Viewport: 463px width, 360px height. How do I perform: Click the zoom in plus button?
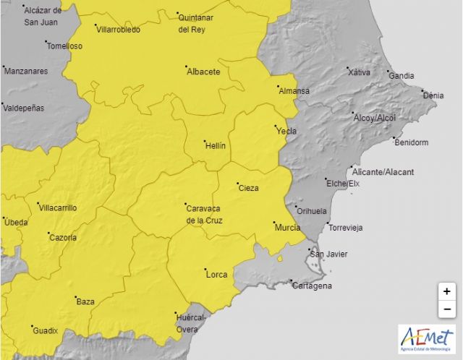pyautogui.click(x=447, y=291)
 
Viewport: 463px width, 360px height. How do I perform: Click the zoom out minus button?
pyautogui.click(x=447, y=309)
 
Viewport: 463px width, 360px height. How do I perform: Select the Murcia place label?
pyautogui.click(x=287, y=227)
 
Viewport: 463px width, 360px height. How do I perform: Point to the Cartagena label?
pyautogui.click(x=312, y=286)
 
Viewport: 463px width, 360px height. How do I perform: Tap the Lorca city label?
pyautogui.click(x=216, y=274)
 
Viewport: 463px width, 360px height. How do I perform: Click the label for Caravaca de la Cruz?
pyautogui.click(x=204, y=214)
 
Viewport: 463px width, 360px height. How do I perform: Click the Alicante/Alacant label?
pyautogui.click(x=383, y=171)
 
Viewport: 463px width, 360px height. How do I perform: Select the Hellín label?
pyautogui.click(x=216, y=145)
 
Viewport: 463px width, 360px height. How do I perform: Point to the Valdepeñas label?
pyautogui.click(x=24, y=108)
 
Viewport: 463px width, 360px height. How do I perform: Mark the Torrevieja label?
pyautogui.click(x=346, y=228)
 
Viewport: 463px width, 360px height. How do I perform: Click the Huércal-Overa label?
pyautogui.click(x=192, y=323)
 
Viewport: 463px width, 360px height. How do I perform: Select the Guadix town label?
pyautogui.click(x=45, y=330)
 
